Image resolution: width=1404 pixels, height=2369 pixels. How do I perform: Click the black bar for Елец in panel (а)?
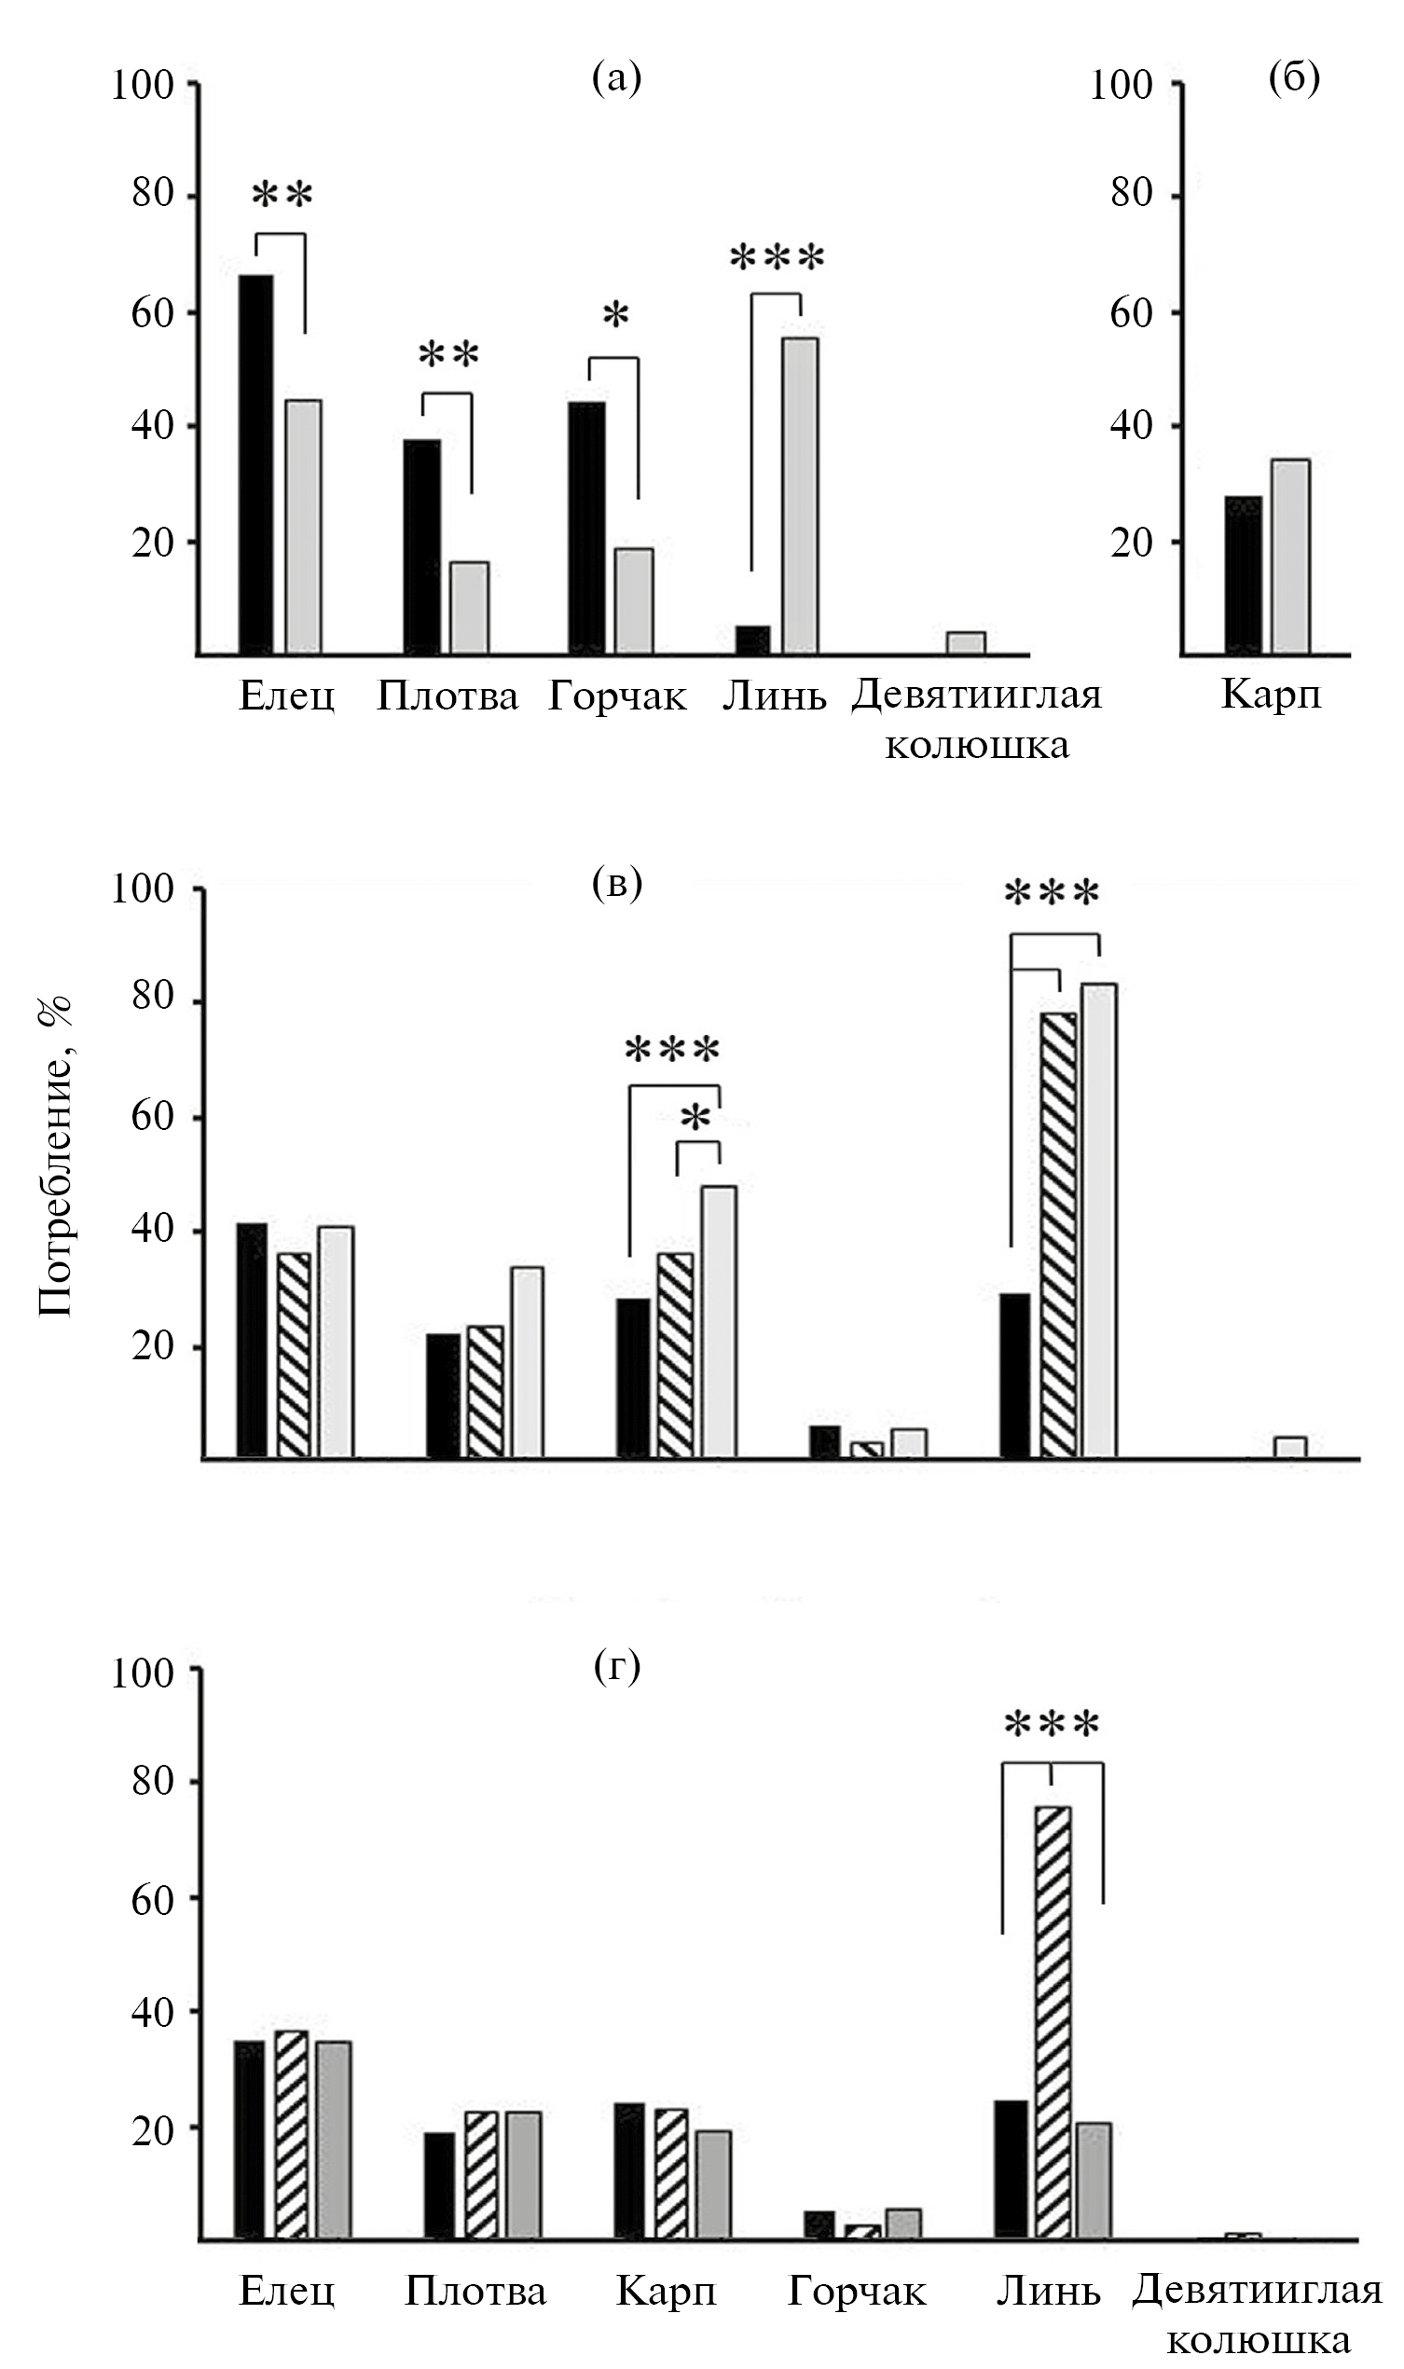[255, 463]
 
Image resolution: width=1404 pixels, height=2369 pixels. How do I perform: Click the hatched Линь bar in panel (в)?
[1058, 1233]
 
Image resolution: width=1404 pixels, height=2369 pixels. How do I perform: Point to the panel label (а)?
[617, 77]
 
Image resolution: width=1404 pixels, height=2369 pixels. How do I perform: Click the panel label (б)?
[1294, 77]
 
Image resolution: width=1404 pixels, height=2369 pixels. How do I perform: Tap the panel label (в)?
[617, 883]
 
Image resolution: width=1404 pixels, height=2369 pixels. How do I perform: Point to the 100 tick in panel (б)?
[1122, 85]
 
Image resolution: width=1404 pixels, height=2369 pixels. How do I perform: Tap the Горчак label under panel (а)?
[617, 696]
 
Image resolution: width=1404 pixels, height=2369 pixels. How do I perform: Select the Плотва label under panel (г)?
[475, 2291]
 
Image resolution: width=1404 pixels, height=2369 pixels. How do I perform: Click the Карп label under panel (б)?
[1271, 695]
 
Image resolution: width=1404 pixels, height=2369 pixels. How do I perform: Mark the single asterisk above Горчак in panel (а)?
[616, 315]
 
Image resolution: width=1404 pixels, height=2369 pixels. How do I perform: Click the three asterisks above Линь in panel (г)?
[1052, 1725]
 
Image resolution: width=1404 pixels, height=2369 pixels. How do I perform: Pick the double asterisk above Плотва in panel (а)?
[448, 356]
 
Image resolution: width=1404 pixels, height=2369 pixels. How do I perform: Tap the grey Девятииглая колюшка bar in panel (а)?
[966, 642]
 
